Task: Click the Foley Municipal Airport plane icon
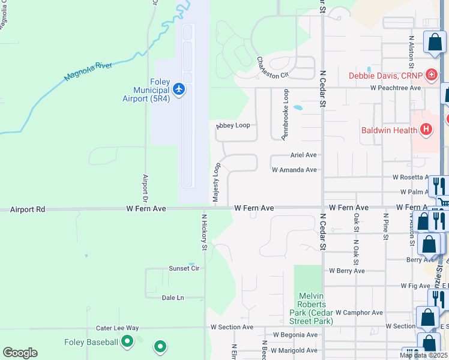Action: point(178,89)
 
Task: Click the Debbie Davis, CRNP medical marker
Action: point(430,76)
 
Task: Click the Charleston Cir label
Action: point(273,67)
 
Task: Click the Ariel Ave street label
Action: point(303,154)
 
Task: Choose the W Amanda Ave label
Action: point(294,170)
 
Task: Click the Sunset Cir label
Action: point(184,268)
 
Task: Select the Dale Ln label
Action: point(172,297)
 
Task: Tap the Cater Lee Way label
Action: point(118,328)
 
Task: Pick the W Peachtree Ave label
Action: point(395,88)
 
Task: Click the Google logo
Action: point(20,353)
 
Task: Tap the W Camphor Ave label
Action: point(359,313)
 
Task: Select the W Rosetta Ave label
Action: point(413,178)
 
